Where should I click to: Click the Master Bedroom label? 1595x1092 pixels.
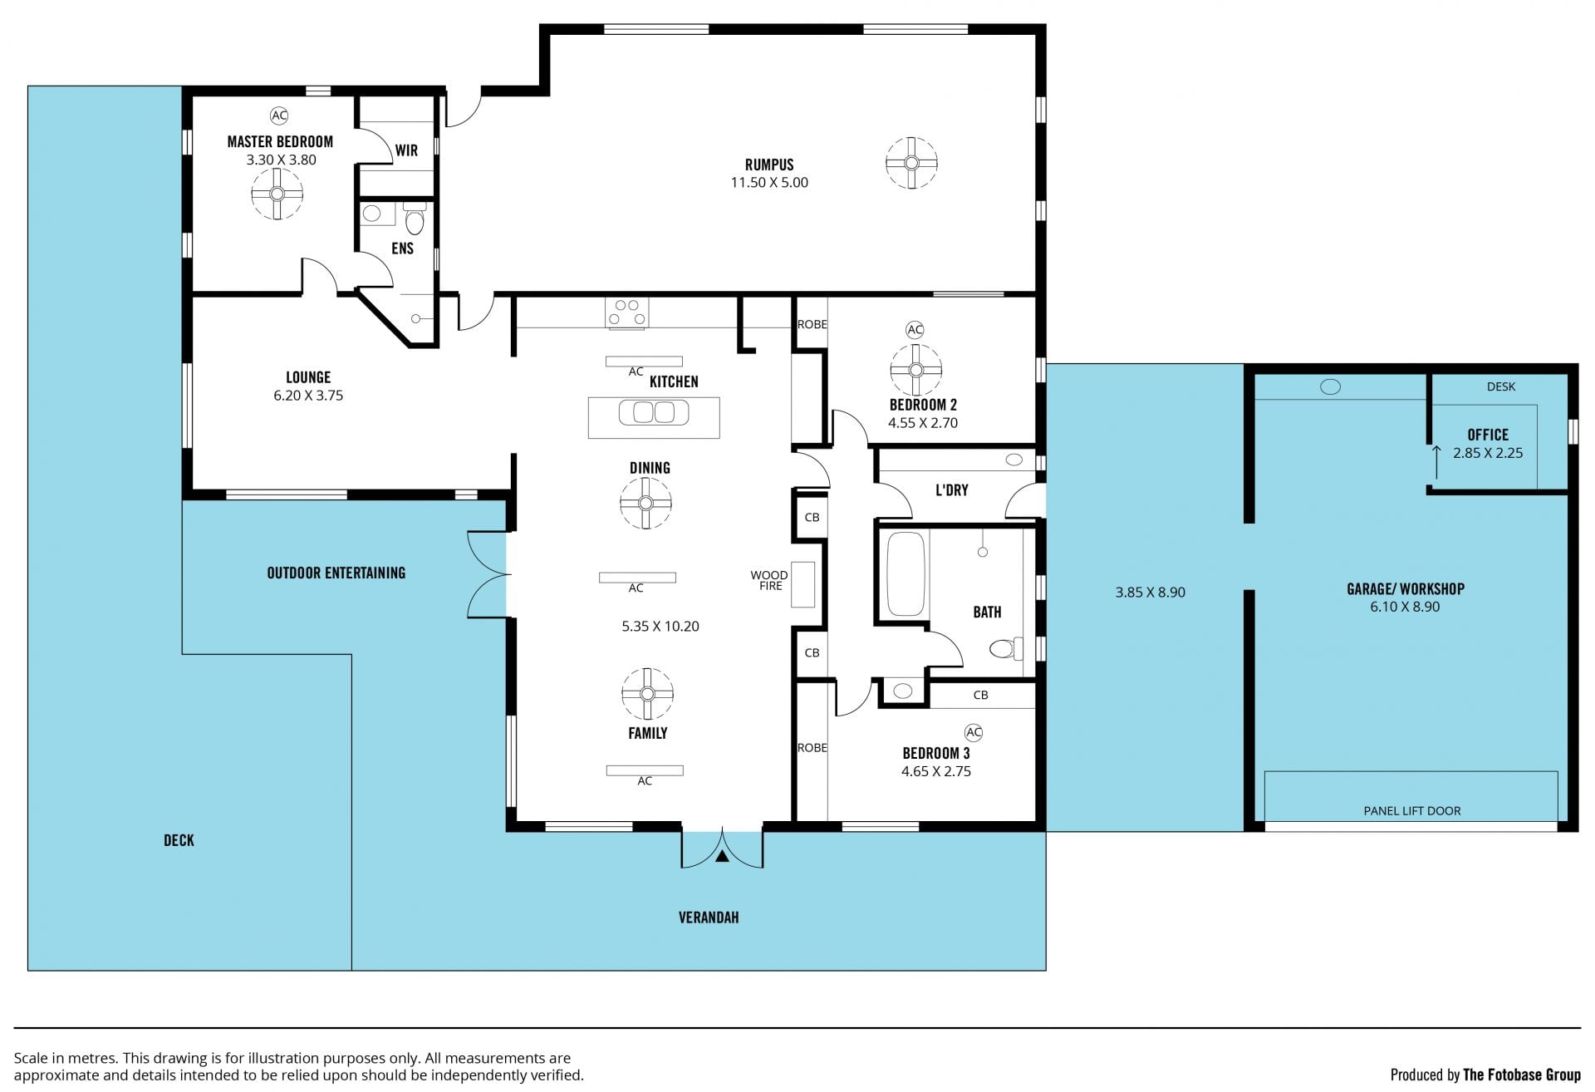[280, 142]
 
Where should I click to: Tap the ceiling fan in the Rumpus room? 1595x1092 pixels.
[911, 163]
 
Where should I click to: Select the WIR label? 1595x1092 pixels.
[406, 150]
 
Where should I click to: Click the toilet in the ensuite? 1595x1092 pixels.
[414, 220]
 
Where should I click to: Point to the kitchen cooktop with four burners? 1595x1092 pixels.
[627, 313]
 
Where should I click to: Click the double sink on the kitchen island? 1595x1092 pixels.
[653, 412]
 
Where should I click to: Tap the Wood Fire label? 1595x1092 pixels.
[770, 580]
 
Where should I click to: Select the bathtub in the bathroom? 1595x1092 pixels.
[905, 573]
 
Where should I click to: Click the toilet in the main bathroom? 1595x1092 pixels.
[1006, 647]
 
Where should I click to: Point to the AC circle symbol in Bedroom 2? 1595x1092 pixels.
[915, 330]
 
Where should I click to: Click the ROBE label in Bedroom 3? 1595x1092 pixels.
[812, 748]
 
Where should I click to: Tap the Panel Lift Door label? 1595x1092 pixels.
[1412, 811]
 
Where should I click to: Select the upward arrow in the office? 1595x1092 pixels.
[1435, 462]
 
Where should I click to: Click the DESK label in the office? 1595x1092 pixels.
[1501, 386]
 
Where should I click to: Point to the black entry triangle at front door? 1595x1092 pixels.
[722, 855]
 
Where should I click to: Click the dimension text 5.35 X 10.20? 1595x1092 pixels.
[660, 627]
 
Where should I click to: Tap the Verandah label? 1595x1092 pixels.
[709, 917]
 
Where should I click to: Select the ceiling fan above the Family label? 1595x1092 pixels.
[647, 694]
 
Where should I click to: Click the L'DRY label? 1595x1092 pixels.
[952, 490]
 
